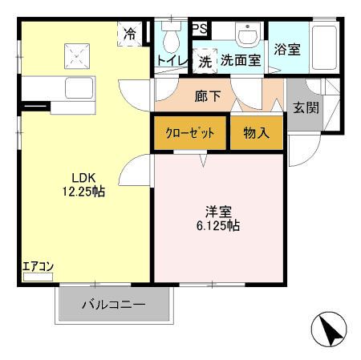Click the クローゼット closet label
189,133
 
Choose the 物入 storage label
256,133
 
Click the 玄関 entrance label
305,107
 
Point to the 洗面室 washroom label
241,59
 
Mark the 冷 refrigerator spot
129,34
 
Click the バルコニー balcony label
113,305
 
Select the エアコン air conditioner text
37,266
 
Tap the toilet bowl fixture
170,38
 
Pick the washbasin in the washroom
248,36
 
